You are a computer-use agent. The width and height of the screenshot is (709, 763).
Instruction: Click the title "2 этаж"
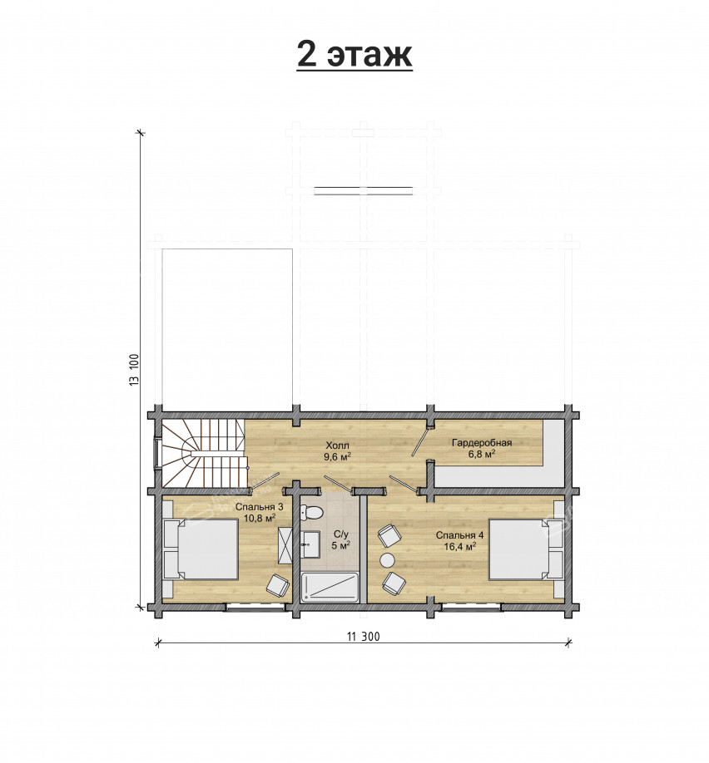(354, 56)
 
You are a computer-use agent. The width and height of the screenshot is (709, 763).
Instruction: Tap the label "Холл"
(337, 445)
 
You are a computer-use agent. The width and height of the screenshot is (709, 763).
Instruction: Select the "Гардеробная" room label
(482, 443)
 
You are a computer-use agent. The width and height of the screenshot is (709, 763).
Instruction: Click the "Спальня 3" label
(260, 507)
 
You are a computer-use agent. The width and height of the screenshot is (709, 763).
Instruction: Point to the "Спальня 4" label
(459, 535)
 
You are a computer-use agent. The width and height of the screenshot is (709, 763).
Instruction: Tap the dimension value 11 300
(364, 637)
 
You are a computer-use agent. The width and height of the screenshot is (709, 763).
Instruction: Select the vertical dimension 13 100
(135, 371)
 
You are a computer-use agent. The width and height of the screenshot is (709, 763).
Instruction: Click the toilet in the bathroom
(311, 512)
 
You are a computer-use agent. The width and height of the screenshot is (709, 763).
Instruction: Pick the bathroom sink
(310, 544)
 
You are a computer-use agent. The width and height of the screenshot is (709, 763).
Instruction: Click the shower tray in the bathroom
(330, 588)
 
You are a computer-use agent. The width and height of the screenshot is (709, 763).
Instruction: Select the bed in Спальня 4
(526, 549)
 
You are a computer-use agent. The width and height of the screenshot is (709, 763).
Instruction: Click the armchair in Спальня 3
(278, 585)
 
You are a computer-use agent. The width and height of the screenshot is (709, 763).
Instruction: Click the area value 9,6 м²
(338, 456)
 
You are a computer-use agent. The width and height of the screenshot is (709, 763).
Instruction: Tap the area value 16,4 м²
(459, 546)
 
